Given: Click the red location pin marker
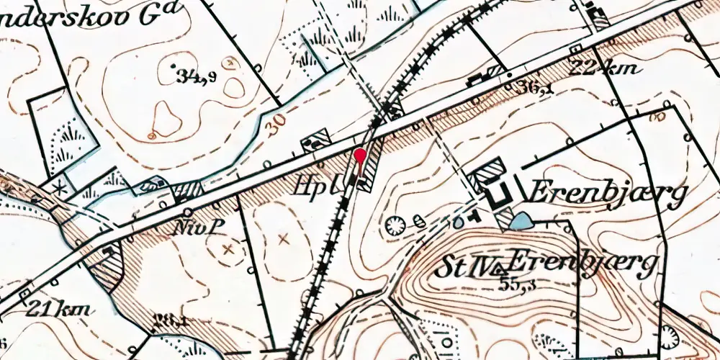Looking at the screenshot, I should [x=361, y=157].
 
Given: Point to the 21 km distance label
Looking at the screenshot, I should [x=59, y=310].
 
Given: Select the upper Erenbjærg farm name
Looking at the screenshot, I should [x=608, y=193].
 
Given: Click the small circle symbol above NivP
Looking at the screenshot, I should [x=187, y=212].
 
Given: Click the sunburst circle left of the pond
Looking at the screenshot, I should [x=395, y=226].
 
